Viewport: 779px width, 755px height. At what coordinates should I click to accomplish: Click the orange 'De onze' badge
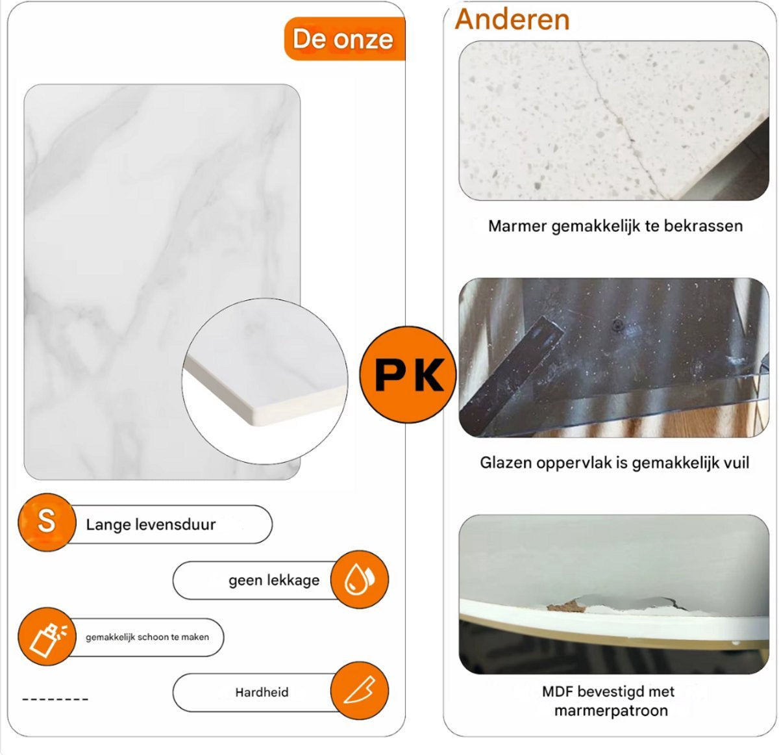pos(345,39)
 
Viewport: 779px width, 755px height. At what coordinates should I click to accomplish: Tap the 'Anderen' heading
pos(512,19)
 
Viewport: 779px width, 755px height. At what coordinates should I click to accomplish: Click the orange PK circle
pos(408,374)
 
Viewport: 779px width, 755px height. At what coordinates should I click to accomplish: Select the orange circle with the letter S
pos(47,522)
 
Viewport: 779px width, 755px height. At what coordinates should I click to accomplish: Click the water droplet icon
pos(360,579)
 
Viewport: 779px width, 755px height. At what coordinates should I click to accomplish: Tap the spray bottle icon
pos(47,636)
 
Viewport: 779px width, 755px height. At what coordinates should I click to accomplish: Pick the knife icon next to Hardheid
pos(360,691)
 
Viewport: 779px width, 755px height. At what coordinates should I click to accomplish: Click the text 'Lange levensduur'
pos(151,524)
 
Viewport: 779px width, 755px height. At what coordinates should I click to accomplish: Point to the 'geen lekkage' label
pos(274,580)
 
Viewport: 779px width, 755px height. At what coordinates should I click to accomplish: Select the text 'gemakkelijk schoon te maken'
pos(147,637)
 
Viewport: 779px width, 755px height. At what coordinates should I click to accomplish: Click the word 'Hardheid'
pos(262,692)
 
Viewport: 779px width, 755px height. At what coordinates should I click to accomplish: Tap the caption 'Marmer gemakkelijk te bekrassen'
pos(615,226)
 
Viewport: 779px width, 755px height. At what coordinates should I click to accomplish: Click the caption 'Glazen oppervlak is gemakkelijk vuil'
pos(615,463)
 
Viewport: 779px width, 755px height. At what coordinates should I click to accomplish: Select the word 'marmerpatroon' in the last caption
pos(612,711)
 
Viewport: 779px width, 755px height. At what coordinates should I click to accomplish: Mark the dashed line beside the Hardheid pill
pos(55,699)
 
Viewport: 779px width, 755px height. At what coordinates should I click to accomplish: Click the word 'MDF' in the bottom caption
pos(557,692)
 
